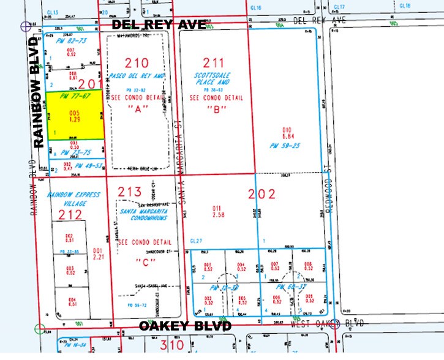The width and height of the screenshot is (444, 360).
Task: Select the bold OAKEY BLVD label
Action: coord(185,326)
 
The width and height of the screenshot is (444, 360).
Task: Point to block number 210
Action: coord(137,62)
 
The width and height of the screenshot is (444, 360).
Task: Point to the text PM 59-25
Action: coord(284,145)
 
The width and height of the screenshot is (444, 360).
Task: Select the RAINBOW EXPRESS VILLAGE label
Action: coord(69,198)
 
